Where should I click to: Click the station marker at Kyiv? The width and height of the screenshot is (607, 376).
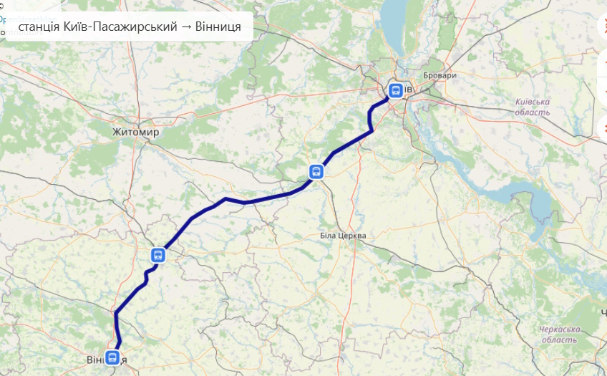click(x=395, y=90)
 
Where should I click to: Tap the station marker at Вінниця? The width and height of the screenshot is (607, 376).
click(x=112, y=357)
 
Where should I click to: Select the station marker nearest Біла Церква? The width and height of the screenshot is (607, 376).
click(x=316, y=171)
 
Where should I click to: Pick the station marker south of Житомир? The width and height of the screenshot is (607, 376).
click(x=158, y=255)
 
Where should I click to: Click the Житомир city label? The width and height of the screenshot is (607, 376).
click(x=135, y=132)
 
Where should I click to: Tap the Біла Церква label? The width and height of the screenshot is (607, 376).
click(x=342, y=236)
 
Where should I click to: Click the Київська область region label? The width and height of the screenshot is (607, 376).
click(x=533, y=107)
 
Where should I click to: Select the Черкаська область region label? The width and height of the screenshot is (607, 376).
click(x=559, y=334)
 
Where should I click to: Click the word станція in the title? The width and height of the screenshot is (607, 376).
click(x=40, y=28)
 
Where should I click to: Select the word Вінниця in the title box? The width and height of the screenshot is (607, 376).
click(x=218, y=28)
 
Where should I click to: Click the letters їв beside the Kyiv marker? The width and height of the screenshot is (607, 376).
click(x=408, y=90)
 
